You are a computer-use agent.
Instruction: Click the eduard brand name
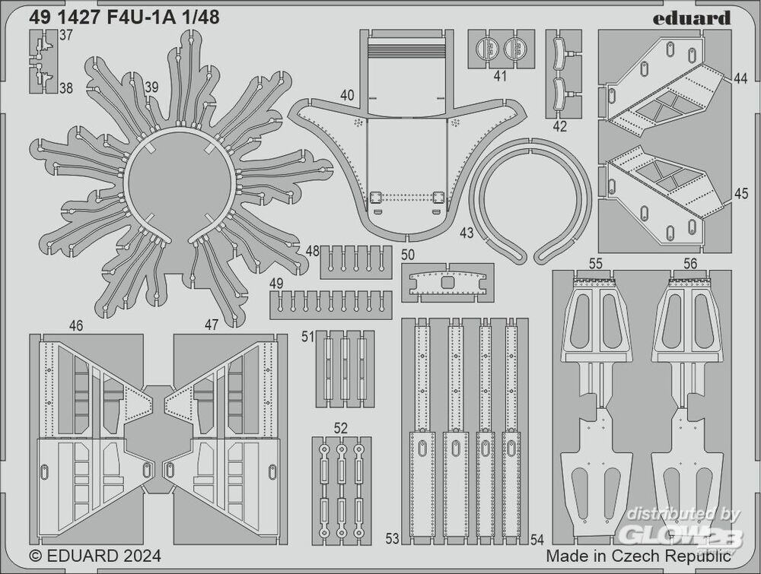[691, 18]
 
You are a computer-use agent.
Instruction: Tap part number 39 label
[152, 87]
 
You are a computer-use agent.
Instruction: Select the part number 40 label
[347, 95]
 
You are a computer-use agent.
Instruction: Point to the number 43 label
[466, 233]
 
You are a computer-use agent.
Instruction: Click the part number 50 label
[408, 255]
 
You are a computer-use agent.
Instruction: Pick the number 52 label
[341, 428]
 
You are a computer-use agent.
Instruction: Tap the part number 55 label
[596, 263]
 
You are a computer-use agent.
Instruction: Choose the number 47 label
[211, 325]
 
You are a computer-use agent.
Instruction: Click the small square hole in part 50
[448, 282]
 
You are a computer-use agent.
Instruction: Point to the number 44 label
[740, 78]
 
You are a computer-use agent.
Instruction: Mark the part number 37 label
[66, 36]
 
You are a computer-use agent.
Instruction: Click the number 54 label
[537, 539]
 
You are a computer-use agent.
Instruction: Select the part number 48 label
[313, 251]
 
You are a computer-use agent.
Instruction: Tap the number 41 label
[501, 76]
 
